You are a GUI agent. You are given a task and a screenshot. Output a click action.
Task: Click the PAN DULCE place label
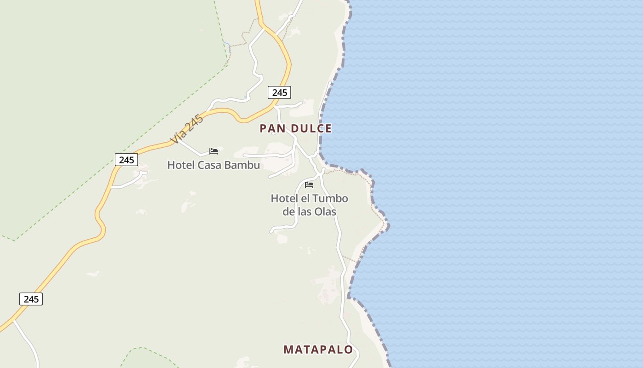tap(295, 128)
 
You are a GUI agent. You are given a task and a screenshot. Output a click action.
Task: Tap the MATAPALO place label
tap(318, 350)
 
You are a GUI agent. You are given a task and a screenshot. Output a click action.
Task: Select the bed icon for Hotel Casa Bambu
tap(214, 151)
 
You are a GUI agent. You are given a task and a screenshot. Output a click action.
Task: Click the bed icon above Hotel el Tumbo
tap(309, 185)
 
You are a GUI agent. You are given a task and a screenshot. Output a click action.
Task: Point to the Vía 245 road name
tap(186, 130)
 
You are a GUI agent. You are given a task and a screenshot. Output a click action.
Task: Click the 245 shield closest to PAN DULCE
tap(279, 92)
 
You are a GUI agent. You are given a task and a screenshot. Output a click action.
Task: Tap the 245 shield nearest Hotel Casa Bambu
tap(126, 160)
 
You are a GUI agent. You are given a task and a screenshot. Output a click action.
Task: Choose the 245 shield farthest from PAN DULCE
tap(31, 299)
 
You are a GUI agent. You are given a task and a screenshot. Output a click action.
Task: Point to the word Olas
tap(325, 212)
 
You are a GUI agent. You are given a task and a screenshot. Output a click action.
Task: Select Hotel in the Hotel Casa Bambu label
tap(181, 165)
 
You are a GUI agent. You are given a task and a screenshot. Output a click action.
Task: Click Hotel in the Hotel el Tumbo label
tap(284, 199)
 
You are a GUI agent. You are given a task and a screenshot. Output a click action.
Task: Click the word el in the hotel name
tap(305, 199)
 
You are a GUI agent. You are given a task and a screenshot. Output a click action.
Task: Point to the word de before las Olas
tap(288, 212)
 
